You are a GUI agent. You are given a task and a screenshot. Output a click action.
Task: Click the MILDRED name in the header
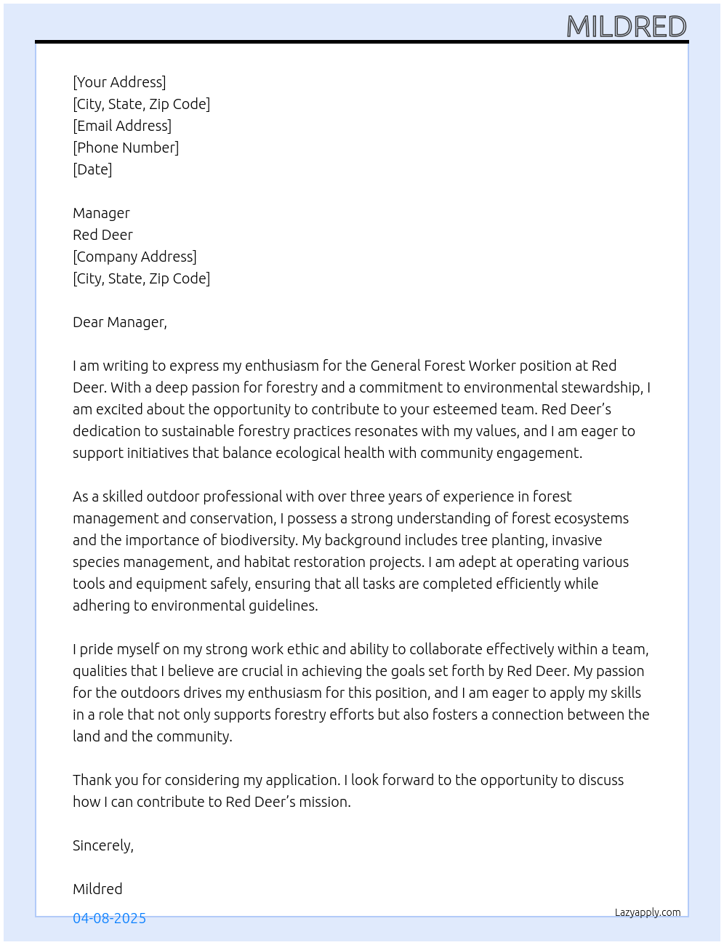[626, 27]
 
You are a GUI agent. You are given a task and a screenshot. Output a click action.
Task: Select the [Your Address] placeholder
[119, 82]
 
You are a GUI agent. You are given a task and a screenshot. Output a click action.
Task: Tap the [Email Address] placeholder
[122, 126]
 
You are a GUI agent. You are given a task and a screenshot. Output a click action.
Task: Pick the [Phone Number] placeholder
[126, 148]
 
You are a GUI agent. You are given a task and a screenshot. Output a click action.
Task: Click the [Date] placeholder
[92, 169]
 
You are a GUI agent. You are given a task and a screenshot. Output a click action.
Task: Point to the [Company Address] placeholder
[134, 257]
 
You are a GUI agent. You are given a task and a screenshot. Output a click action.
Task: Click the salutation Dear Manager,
[120, 322]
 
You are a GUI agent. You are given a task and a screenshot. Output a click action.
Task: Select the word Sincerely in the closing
[102, 845]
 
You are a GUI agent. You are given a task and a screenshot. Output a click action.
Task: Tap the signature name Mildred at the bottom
[97, 889]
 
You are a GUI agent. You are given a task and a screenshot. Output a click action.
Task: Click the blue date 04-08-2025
[109, 918]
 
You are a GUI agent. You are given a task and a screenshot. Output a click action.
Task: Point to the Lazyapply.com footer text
[648, 912]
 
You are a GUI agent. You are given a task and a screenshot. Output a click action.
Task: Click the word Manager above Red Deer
[101, 213]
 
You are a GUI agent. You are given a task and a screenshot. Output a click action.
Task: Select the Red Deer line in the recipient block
[102, 235]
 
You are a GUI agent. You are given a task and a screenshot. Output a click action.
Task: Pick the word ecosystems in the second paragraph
[590, 518]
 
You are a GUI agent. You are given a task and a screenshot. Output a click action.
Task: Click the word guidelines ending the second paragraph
[280, 606]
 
